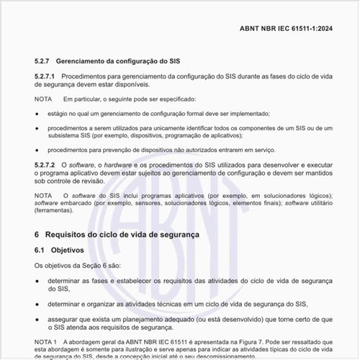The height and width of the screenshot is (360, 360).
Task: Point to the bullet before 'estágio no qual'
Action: (x=37, y=114)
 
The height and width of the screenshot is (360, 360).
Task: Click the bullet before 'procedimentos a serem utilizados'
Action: (x=37, y=128)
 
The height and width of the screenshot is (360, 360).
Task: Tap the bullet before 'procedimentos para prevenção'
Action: (x=37, y=150)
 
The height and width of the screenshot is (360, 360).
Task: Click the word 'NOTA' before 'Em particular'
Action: (x=43, y=99)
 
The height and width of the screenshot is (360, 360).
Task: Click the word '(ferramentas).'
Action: (x=55, y=211)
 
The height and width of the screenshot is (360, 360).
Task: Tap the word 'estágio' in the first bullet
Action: (x=60, y=114)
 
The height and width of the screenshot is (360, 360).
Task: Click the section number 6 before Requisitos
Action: (x=37, y=235)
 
